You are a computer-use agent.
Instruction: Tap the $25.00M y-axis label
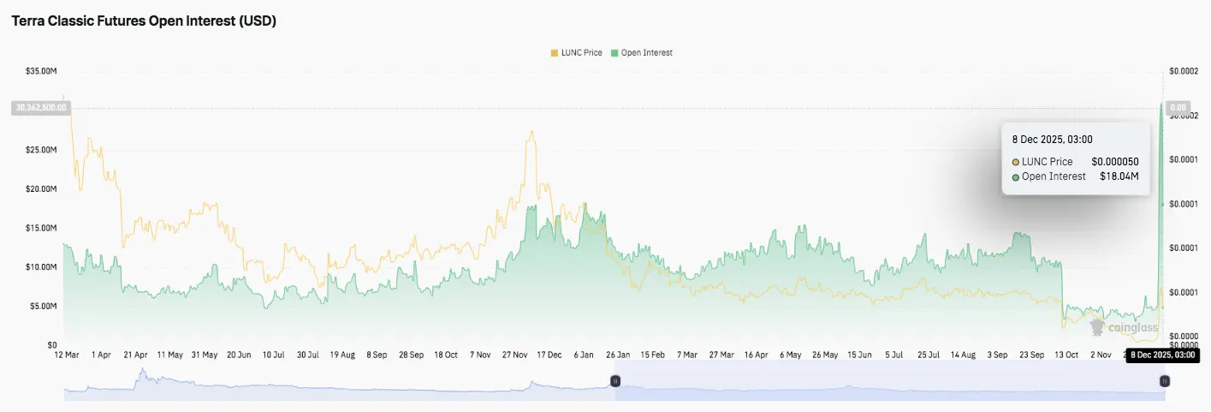pyautogui.click(x=42, y=150)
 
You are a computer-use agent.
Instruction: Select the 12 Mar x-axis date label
pyautogui.click(x=66, y=355)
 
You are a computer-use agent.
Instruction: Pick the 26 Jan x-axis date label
pyautogui.click(x=618, y=355)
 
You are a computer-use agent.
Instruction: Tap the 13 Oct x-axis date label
pyautogui.click(x=1067, y=355)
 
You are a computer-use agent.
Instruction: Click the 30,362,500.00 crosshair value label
pyautogui.click(x=40, y=108)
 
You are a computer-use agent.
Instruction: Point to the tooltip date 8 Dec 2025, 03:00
pyautogui.click(x=1052, y=140)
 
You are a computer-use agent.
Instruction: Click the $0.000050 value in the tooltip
pyautogui.click(x=1114, y=161)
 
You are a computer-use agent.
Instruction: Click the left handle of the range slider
pyautogui.click(x=614, y=380)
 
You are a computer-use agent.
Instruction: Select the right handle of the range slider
pyautogui.click(x=1164, y=380)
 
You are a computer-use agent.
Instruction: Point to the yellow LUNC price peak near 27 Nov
pyautogui.click(x=532, y=132)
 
